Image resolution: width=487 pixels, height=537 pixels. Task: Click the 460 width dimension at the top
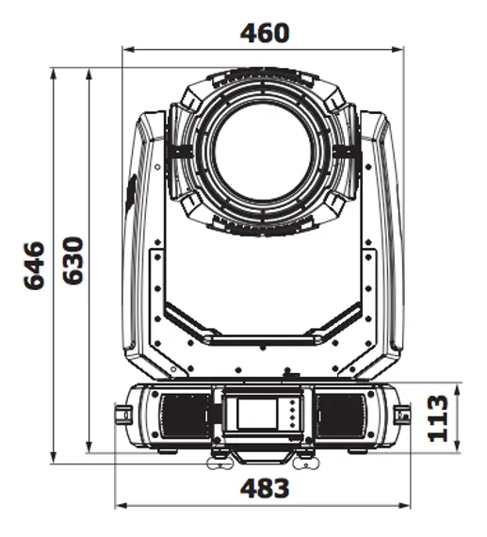point(265,32)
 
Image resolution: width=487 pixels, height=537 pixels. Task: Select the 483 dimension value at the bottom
point(265,489)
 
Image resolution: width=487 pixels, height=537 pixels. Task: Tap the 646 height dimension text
point(34,265)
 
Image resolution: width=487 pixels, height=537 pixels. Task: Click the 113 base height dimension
point(436,417)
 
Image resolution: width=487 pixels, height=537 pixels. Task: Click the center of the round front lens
point(264,151)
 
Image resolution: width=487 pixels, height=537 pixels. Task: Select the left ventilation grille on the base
point(182,415)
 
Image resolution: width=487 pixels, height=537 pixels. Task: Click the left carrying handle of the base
point(123,415)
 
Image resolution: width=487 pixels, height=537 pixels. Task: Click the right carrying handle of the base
point(403,415)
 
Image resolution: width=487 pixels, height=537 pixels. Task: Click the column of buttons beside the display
point(292,415)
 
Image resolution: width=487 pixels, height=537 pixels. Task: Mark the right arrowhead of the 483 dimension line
point(409,507)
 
